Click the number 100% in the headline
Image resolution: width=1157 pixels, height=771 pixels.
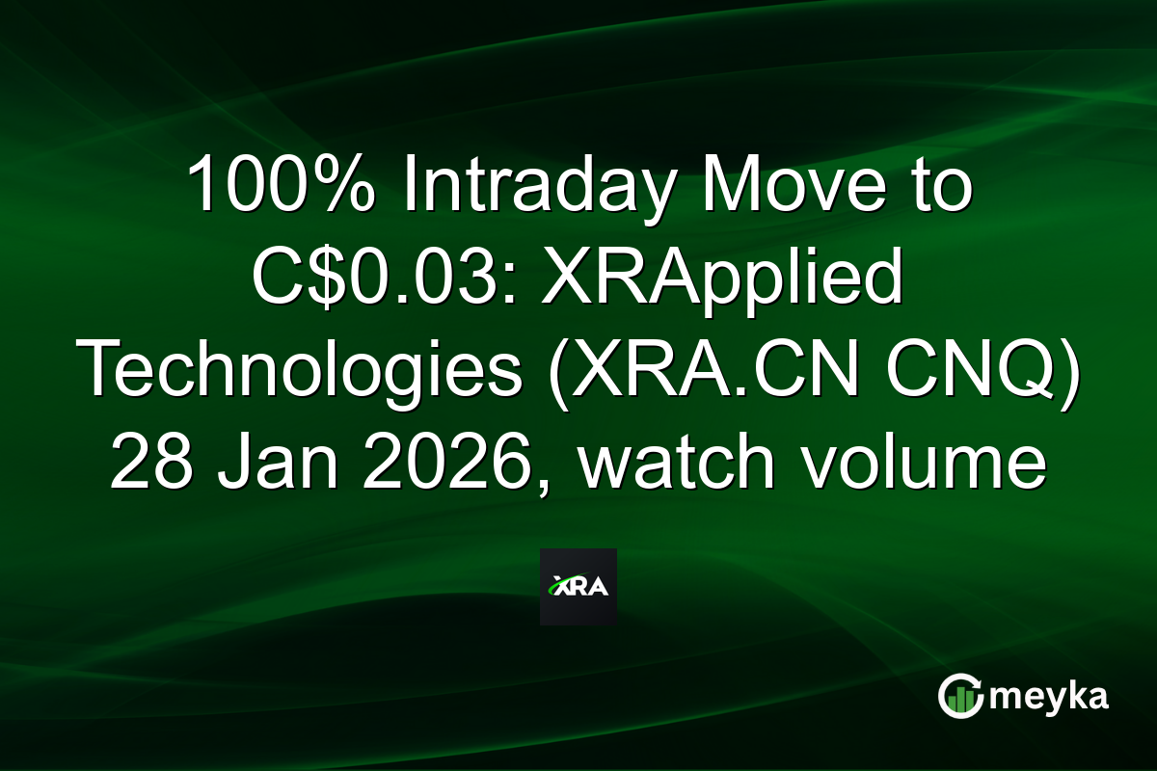coord(280,185)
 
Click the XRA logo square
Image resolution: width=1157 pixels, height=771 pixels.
coord(578,587)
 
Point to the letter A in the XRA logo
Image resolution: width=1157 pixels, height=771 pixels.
coord(599,587)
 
